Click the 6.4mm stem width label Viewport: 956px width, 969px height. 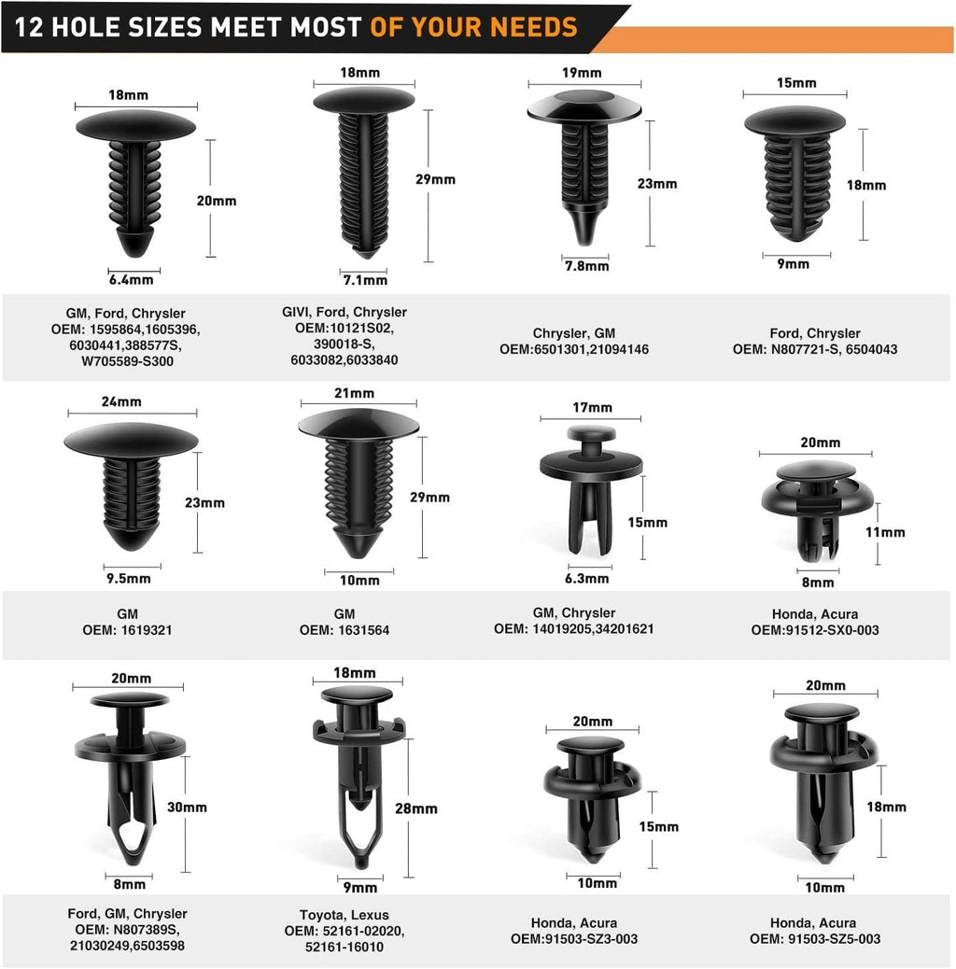coord(131,280)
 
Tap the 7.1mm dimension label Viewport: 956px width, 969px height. coord(365,280)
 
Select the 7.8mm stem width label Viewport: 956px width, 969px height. coord(586,266)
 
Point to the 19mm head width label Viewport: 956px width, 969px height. coord(582,73)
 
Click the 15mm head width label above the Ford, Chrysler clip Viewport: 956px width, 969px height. coord(796,83)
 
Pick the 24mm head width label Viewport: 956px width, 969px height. coord(121,401)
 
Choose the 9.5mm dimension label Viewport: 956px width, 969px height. coord(129,579)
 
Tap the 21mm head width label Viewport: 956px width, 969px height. coord(354,393)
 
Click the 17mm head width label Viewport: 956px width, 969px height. coord(592,407)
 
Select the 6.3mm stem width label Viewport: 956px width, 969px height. coord(586,579)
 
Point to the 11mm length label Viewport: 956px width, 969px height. coord(885,532)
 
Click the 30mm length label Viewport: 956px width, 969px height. coord(187,807)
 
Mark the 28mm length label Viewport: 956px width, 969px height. coord(415,808)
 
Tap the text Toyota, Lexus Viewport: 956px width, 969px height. coord(344,915)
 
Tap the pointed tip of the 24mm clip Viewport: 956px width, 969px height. coord(131,549)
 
